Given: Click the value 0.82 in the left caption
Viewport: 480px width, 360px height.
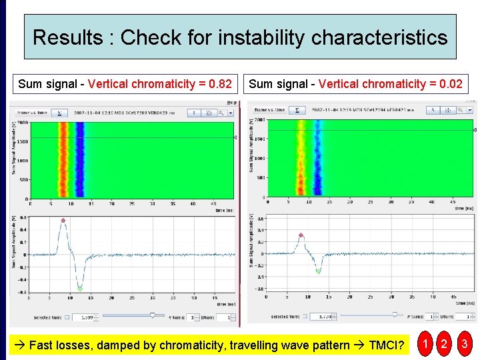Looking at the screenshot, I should click(x=220, y=84).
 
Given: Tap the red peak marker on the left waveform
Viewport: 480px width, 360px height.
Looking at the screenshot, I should click(x=63, y=221).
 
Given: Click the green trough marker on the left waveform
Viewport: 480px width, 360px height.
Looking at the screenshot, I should click(x=80, y=288).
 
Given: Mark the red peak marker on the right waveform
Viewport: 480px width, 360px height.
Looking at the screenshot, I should click(x=301, y=235).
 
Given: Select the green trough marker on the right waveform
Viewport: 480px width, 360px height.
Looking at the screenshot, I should click(x=318, y=271).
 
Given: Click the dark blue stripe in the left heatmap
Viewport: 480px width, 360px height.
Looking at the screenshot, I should click(x=80, y=160).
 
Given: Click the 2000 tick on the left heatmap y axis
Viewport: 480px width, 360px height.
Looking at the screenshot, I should click(x=22, y=123).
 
